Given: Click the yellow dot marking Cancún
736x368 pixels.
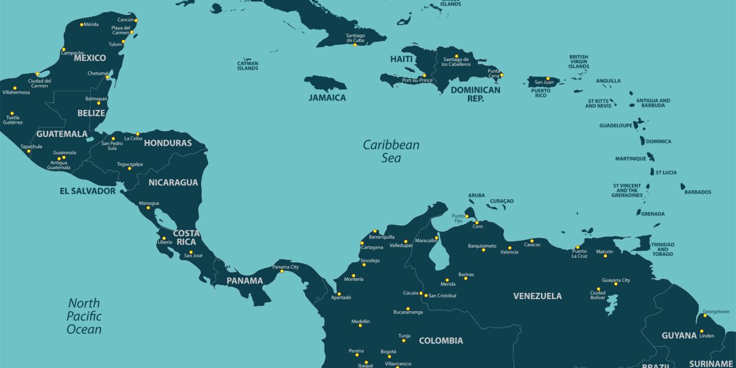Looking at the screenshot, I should point(136,20).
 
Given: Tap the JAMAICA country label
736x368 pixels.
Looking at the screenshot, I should point(327,98).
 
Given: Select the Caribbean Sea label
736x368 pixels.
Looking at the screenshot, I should point(391,151).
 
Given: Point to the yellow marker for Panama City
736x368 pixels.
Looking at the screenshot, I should point(282,271).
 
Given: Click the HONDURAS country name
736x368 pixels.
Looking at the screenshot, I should point(167,143).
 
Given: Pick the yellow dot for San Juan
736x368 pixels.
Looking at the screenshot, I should point(548,78).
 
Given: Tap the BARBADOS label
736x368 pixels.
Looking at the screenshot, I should point(697,192).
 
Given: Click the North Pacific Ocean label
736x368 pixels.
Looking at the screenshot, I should point(84,316).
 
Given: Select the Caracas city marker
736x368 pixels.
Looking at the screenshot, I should point(532,241).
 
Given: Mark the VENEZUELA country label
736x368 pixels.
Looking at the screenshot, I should point(537,296).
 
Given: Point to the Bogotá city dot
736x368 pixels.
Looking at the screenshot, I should point(389,356).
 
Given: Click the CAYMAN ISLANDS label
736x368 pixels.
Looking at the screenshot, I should point(248,66).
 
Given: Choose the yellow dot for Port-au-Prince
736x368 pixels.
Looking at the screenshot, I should point(424,75).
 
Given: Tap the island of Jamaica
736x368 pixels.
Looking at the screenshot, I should point(325,83).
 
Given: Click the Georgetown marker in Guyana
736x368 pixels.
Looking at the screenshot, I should point(705,315).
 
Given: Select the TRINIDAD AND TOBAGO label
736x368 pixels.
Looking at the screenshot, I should point(662,249).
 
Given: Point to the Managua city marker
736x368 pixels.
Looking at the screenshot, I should point(148,208).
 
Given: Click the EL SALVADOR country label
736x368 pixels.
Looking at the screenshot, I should point(87,191).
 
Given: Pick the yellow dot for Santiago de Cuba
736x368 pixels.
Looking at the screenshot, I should point(355,45).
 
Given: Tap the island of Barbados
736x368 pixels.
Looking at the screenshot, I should point(683,186).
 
